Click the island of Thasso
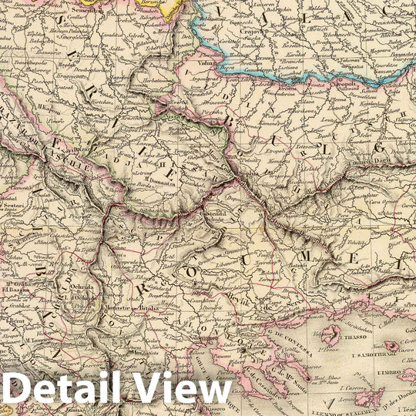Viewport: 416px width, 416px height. (332, 335)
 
